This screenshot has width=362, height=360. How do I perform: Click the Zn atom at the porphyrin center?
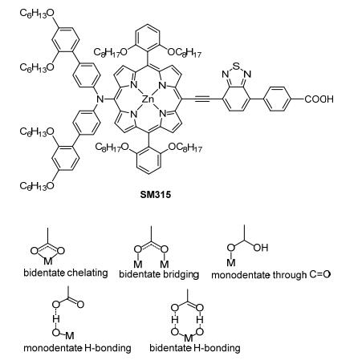pos(148,99)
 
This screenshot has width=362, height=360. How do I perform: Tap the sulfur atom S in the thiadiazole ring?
pos(236,66)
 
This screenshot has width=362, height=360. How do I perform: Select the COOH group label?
pos(319,99)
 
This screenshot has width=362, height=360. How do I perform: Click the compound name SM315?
pos(155,194)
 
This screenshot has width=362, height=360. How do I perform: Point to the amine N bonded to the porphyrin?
pos(100,99)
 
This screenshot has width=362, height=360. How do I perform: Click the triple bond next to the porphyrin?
pos(202,99)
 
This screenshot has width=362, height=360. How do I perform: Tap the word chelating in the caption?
pos(87,273)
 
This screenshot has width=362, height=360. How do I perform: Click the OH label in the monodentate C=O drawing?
pos(261,248)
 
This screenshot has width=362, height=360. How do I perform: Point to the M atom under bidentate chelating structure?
pos(47,261)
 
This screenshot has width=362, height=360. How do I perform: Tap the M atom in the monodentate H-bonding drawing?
pos(70,335)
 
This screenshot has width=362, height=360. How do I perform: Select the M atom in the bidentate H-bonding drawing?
pos(189,338)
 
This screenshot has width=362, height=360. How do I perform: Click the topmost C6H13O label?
pos(37,13)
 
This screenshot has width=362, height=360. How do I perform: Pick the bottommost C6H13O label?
pos(37,185)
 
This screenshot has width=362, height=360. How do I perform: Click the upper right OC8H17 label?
pos(184,52)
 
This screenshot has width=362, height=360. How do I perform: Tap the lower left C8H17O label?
pos(112,147)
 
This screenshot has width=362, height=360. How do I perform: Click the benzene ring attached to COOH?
pos(277,99)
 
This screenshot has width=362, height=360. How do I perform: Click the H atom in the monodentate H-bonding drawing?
pos(55,318)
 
